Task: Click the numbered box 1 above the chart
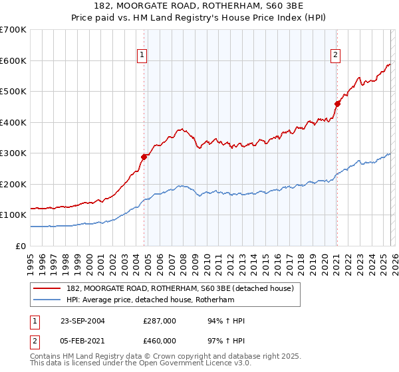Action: [x=142, y=55]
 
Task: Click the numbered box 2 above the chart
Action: [x=336, y=55]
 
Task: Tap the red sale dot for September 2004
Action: [x=144, y=157]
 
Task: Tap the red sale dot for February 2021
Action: [x=337, y=104]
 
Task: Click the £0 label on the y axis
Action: [x=21, y=246]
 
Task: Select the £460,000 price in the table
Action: [x=160, y=341]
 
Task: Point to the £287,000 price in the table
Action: [x=160, y=321]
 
